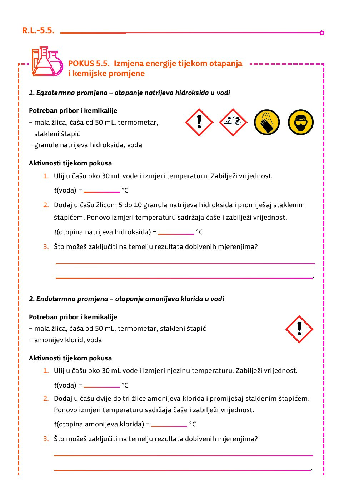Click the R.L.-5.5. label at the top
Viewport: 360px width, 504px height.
38,31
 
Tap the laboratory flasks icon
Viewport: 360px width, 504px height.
47,62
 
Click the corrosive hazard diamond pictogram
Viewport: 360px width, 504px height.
233,122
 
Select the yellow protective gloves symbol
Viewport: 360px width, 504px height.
267,122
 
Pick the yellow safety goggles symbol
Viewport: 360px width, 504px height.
300,122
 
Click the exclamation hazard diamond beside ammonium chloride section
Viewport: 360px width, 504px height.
299,329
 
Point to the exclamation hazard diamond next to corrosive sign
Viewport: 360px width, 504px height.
199,122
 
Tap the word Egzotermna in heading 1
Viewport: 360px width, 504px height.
54,93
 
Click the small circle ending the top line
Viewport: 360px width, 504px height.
322,33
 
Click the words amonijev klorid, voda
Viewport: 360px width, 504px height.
68,340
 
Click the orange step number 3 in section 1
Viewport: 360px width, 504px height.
46,247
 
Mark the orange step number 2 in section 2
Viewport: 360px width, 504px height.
46,399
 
